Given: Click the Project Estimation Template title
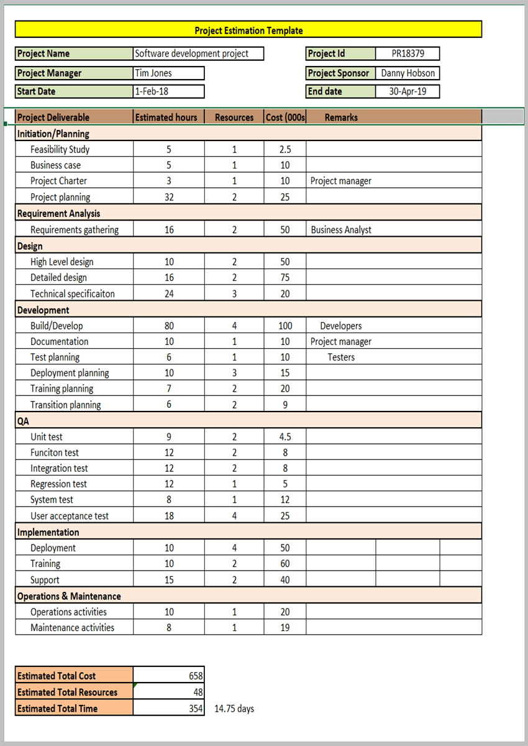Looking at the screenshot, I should [248, 30].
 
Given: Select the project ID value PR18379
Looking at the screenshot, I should [407, 53].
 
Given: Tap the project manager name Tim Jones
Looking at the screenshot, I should [153, 73].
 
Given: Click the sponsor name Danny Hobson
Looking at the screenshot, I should [407, 73].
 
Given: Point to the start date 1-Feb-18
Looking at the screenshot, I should [152, 91].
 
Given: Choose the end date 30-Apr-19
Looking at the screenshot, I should [407, 91].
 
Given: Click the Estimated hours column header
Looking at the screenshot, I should [166, 117].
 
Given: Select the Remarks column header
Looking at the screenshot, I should [341, 117].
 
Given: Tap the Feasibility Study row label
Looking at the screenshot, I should [60, 149].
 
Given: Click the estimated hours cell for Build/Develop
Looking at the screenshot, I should [169, 326].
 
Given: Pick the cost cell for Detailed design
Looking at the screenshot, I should [284, 277].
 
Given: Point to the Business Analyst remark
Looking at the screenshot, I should [341, 229].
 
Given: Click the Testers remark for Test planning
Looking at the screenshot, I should [341, 357].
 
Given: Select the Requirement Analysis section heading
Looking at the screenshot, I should [58, 213].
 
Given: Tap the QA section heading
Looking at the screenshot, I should [23, 421].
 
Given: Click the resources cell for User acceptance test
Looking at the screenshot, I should [234, 515].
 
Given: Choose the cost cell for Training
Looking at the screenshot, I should [284, 563].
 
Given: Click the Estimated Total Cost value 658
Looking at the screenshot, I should [196, 676].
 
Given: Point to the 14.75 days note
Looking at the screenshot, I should [234, 709].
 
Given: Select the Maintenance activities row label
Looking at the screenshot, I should [72, 627].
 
